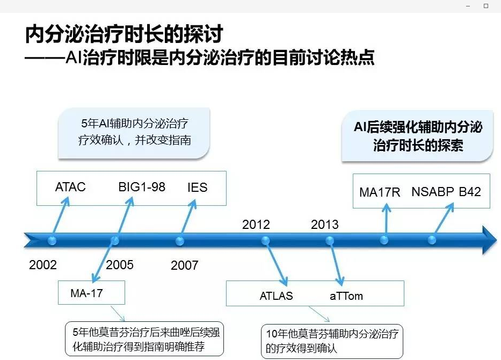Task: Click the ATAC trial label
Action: [x=70, y=187]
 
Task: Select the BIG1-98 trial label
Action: [x=142, y=187]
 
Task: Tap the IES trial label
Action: [x=198, y=188]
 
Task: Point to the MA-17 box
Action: [x=91, y=292]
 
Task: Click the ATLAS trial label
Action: [x=276, y=296]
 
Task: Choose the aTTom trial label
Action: [x=346, y=296]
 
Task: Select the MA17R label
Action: [x=380, y=192]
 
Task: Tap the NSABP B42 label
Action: [x=446, y=192]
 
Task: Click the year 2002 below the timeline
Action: [x=43, y=265]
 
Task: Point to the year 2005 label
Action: [x=120, y=265]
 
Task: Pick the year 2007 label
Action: [x=184, y=265]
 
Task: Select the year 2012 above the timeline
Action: [x=256, y=225]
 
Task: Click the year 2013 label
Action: [x=325, y=225]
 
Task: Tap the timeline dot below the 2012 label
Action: [x=265, y=241]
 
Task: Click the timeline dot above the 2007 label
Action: [x=180, y=241]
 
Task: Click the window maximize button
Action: [x=486, y=6]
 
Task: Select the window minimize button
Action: [x=468, y=6]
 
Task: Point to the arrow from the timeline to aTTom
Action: [x=336, y=263]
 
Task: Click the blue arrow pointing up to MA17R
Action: [x=386, y=221]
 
